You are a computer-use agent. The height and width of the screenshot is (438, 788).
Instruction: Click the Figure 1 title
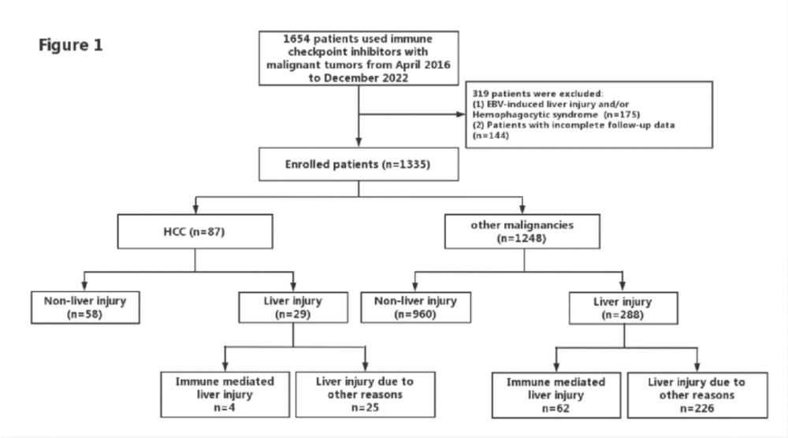(x=70, y=46)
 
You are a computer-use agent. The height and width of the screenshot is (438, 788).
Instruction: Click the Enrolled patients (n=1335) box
(x=359, y=165)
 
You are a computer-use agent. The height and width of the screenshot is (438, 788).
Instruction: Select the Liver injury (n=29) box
(x=293, y=306)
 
